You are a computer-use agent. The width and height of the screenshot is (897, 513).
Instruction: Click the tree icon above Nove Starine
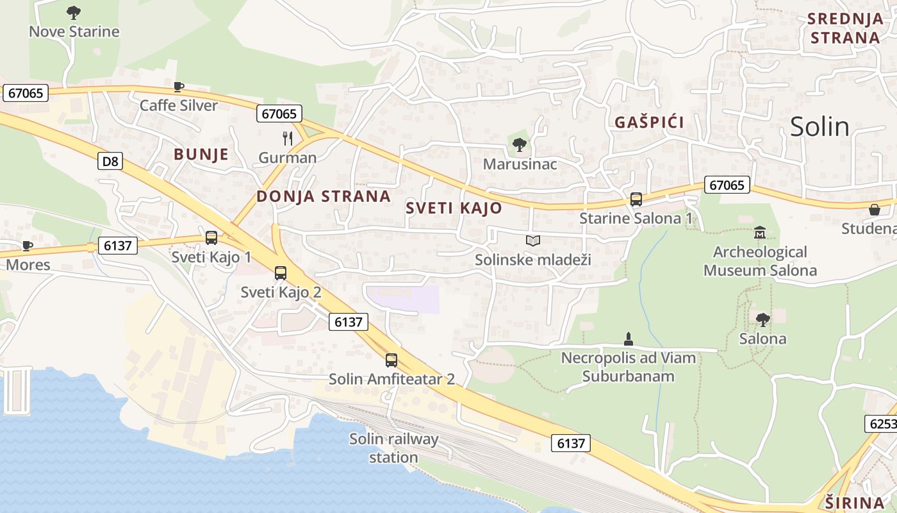pyautogui.click(x=74, y=12)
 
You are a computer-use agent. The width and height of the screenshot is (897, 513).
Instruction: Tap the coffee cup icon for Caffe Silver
pyautogui.click(x=179, y=87)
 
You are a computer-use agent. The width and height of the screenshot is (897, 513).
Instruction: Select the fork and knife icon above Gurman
pyautogui.click(x=288, y=138)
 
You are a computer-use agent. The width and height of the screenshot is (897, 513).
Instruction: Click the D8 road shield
pyautogui.click(x=110, y=161)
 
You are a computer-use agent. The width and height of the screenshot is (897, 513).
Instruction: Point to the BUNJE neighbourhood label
pyautogui.click(x=201, y=154)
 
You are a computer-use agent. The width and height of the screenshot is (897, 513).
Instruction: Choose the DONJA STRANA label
pyautogui.click(x=324, y=196)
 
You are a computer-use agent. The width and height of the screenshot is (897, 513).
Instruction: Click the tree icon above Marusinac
pyautogui.click(x=520, y=145)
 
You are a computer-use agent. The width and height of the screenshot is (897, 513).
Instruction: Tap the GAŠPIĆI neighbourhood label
pyautogui.click(x=650, y=122)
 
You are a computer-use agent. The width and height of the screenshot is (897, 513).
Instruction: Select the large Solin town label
pyautogui.click(x=819, y=126)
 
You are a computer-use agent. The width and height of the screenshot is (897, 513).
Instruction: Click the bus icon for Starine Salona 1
pyautogui.click(x=636, y=199)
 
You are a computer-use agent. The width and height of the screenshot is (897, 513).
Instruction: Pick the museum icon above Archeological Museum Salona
pyautogui.click(x=760, y=232)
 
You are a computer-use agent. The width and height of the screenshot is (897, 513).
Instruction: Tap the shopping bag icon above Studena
pyautogui.click(x=874, y=210)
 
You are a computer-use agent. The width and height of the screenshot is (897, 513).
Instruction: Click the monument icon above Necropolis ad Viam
pyautogui.click(x=628, y=338)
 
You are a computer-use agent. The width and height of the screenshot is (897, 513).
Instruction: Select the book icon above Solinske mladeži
pyautogui.click(x=533, y=240)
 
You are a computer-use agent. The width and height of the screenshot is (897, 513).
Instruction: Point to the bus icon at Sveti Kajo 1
pyautogui.click(x=211, y=238)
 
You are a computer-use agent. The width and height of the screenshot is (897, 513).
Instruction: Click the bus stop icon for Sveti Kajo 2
pyautogui.click(x=281, y=273)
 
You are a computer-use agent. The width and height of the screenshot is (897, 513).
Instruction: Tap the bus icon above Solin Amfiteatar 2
pyautogui.click(x=391, y=360)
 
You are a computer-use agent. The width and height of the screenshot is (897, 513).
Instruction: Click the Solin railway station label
pyautogui.click(x=393, y=448)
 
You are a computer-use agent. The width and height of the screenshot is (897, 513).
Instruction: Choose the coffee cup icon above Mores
pyautogui.click(x=28, y=246)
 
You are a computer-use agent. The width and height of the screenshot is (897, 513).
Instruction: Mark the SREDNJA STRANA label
pyautogui.click(x=845, y=28)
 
